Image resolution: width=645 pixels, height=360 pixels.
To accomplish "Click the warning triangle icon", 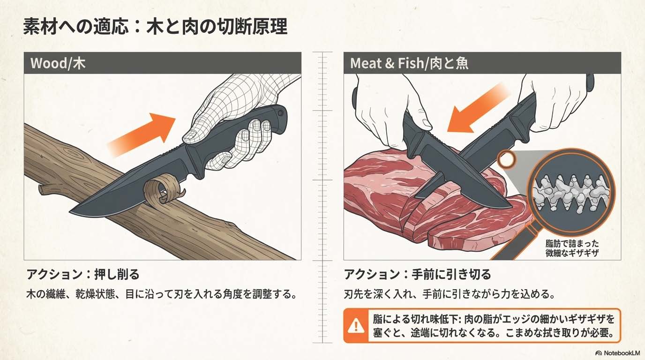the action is click(356, 325).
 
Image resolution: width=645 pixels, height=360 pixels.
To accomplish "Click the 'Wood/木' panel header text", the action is click(58, 63).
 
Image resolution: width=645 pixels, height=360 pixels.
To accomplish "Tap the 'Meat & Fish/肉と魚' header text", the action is click(409, 63).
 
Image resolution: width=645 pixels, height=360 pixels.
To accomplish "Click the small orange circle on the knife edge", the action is click(506, 159).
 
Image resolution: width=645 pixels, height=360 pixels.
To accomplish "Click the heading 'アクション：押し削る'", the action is click(83, 274).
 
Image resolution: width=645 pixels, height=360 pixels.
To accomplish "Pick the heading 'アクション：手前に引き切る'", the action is click(418, 274).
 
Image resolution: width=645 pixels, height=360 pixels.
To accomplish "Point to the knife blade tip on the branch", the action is click(71, 212).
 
